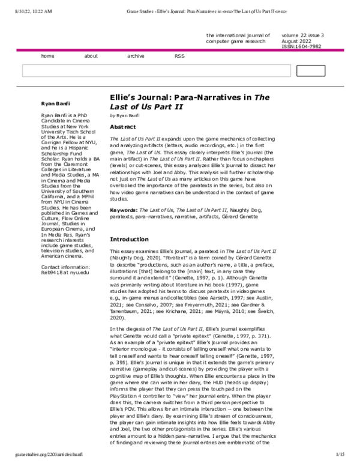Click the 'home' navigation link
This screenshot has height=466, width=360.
47,56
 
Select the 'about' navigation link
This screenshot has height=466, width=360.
91,56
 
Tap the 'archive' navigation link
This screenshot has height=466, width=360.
136,56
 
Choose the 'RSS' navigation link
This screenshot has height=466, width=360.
179,56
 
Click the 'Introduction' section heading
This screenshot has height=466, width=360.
130,240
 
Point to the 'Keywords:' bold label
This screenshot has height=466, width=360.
124,210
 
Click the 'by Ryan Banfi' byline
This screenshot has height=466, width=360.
125,115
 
